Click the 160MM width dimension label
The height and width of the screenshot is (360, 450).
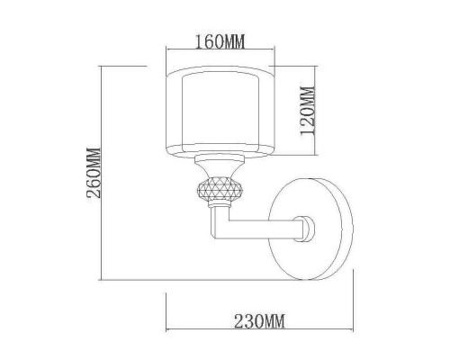click(x=220, y=41)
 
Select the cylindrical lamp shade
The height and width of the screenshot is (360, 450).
click(x=220, y=109)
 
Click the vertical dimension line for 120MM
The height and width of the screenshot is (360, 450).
click(x=315, y=109)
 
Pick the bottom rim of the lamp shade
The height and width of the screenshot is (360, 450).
click(x=220, y=153)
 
